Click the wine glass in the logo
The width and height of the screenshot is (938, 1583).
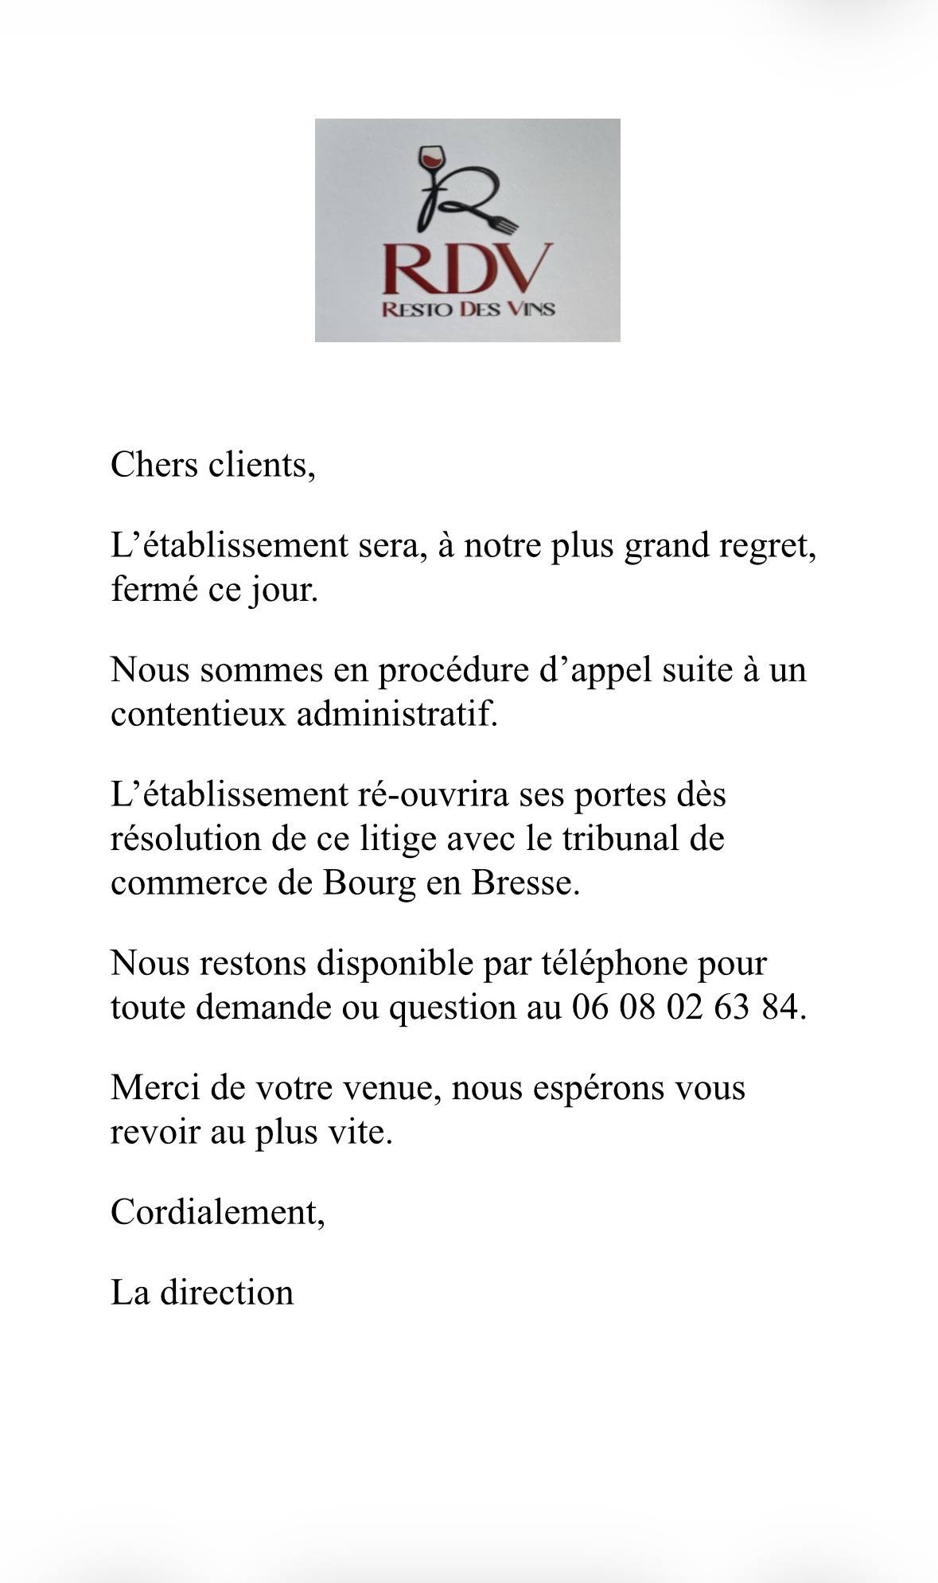(x=431, y=159)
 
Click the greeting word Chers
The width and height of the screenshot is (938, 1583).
(x=154, y=464)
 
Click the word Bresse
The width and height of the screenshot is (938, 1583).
(x=526, y=883)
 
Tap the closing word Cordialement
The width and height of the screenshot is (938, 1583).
(x=216, y=1212)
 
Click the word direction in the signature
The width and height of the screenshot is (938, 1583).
(x=227, y=1293)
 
